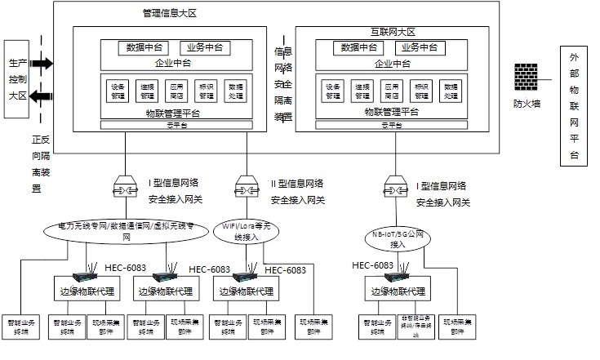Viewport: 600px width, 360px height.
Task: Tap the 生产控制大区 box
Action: coord(18,79)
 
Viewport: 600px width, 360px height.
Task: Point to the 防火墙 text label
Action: coord(527,104)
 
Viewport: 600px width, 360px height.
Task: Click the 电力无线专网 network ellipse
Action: coord(127,230)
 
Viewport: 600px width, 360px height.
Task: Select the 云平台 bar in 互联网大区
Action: coord(392,125)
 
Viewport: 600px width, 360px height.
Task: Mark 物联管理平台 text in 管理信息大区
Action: coord(173,113)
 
